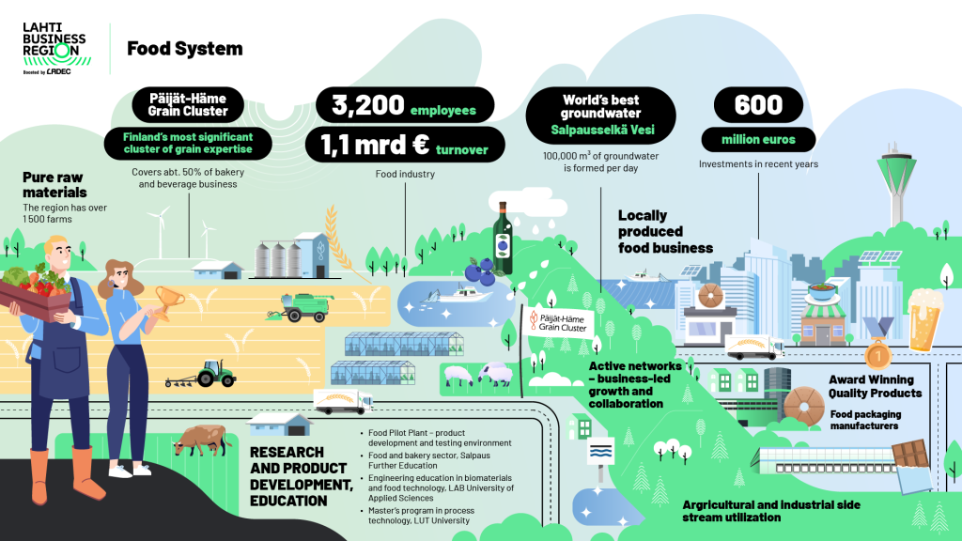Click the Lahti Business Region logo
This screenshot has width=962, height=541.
(56, 49)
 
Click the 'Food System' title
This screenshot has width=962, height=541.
(185, 49)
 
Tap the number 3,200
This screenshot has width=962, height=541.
(368, 105)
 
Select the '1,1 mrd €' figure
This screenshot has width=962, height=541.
(374, 145)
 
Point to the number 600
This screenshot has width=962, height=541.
(758, 105)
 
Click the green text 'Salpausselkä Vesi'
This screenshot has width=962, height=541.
(602, 130)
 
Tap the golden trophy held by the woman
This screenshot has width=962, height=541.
(168, 301)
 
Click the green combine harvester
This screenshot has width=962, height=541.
(302, 307)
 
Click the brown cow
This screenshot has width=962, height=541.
(200, 440)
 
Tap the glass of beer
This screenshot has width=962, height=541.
(924, 319)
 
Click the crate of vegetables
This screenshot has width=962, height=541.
(36, 293)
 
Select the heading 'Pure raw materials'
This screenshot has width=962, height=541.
(54, 185)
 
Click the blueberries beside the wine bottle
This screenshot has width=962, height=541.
(480, 271)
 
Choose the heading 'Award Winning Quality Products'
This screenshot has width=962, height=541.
(875, 386)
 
